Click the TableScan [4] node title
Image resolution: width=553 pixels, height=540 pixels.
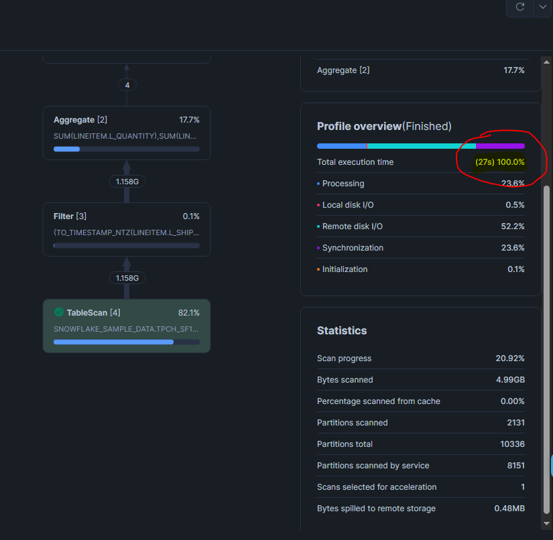pos(93,312)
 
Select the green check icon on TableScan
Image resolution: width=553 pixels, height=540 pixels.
pos(59,312)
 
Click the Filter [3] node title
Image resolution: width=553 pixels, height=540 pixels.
pos(70,216)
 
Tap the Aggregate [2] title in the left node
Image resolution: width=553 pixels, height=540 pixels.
pos(80,119)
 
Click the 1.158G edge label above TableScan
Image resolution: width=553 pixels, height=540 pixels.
pos(127,277)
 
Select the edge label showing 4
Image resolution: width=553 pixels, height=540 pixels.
pos(127,85)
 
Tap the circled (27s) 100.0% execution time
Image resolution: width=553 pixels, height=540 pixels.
pos(500,162)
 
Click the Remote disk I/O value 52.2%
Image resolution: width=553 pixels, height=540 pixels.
pos(513,226)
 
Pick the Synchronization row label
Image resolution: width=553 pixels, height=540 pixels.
pos(353,248)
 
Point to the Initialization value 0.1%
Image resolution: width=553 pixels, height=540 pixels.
pos(515,269)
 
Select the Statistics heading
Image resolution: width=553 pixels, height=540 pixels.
pos(342,330)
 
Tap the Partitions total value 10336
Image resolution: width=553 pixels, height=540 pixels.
pos(512,444)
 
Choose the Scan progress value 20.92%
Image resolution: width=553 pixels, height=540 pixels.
pos(510,358)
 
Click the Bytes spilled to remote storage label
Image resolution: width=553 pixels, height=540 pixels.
pos(376,509)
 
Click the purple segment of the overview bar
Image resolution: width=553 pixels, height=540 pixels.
pos(500,145)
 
